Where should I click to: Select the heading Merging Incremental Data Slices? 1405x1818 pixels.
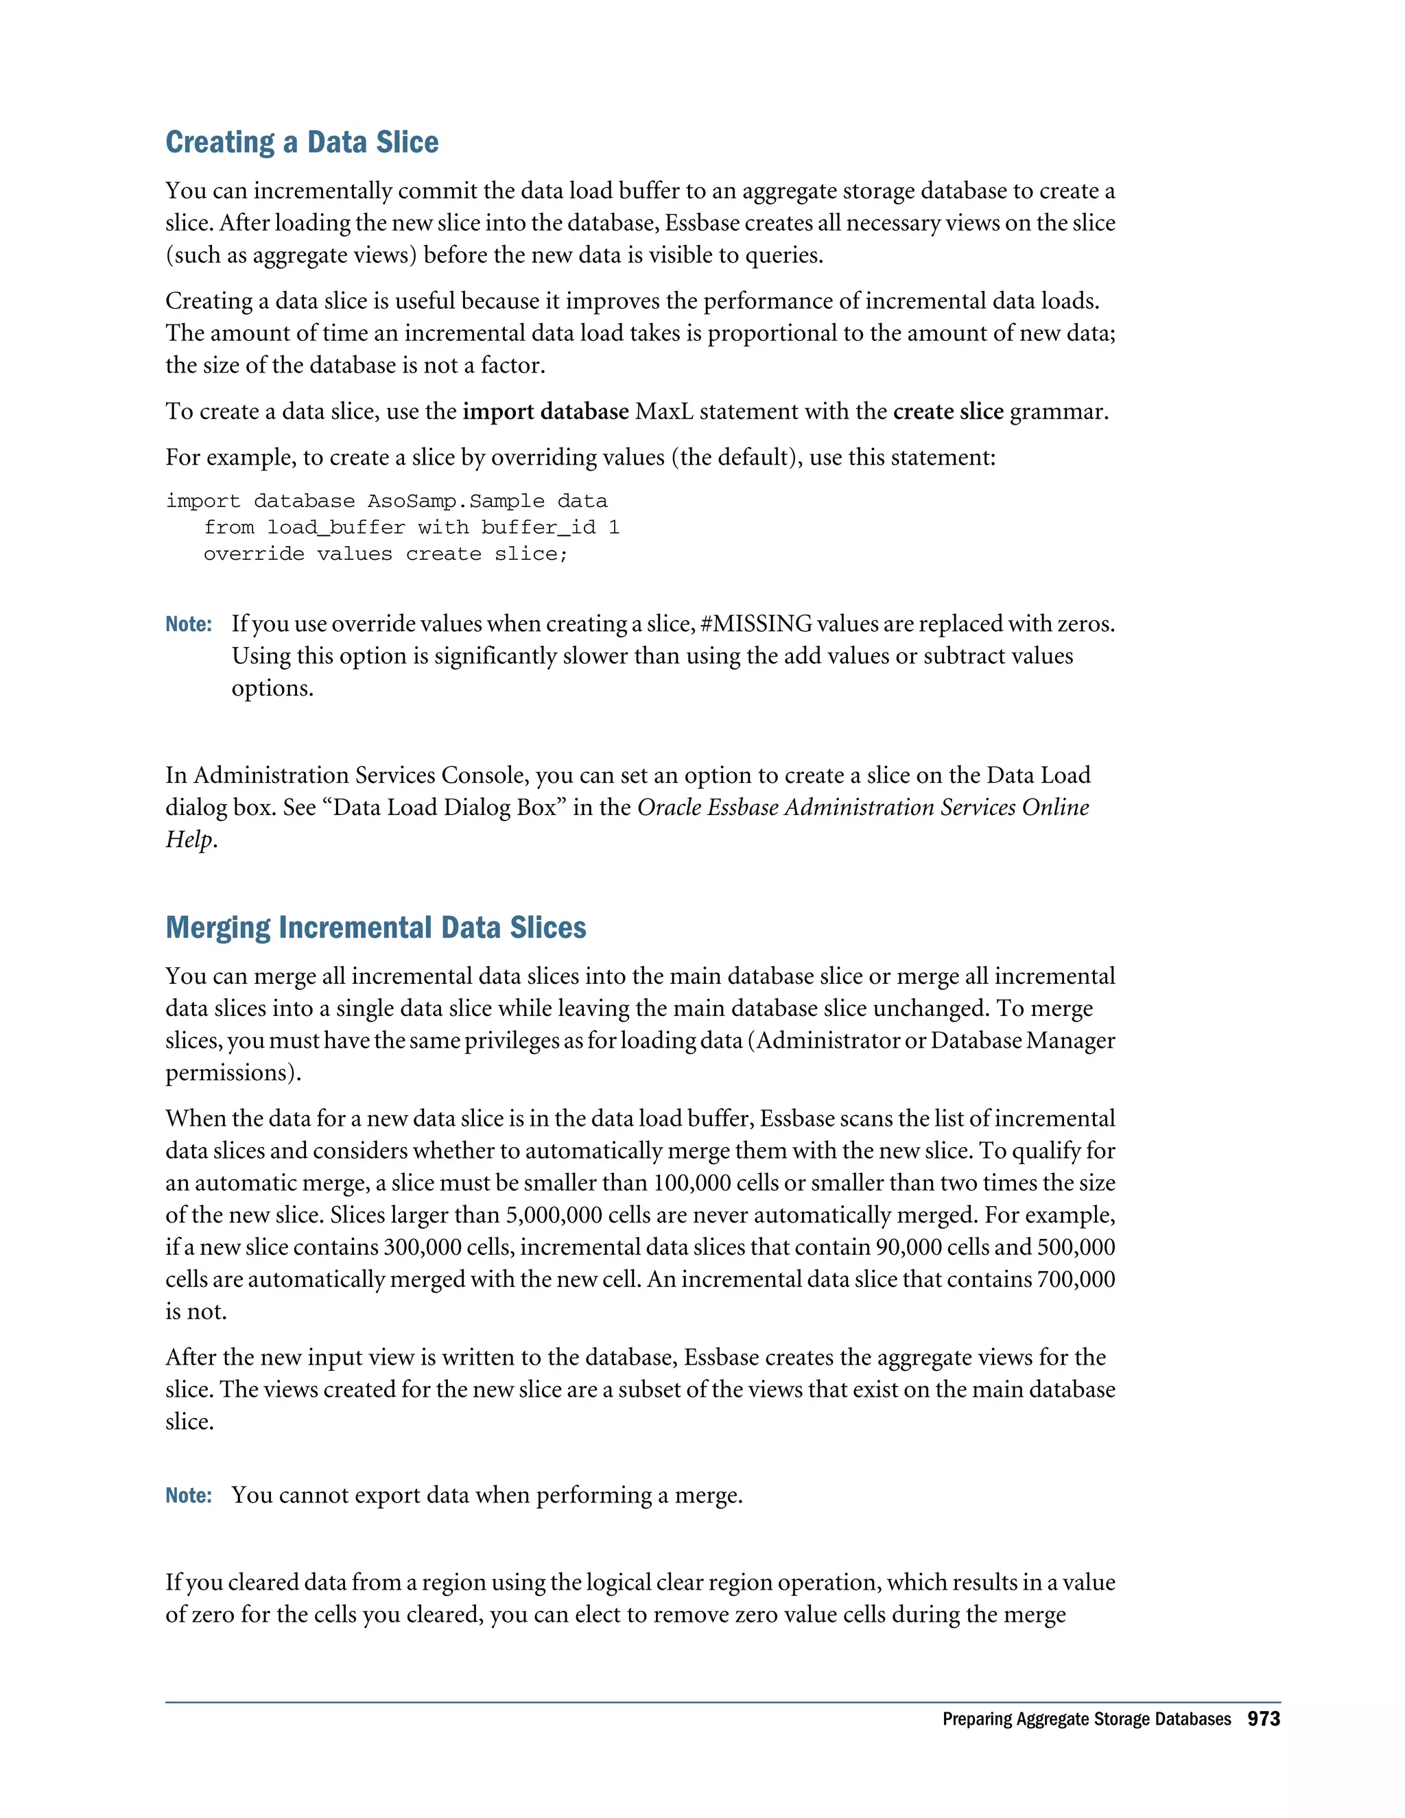375,928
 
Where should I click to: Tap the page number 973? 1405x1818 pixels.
1263,1719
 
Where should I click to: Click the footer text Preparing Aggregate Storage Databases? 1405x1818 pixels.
1085,1720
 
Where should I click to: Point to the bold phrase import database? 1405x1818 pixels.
545,412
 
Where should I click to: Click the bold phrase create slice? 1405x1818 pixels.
948,412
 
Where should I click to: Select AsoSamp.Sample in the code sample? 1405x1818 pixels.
456,501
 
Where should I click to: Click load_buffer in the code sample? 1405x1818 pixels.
335,528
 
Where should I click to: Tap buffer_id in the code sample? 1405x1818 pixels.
538,528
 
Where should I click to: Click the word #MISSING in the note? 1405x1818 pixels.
756,624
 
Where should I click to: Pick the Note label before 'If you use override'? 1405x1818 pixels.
188,624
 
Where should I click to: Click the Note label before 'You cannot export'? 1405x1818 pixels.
188,1496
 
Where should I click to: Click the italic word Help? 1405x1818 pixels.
189,840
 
